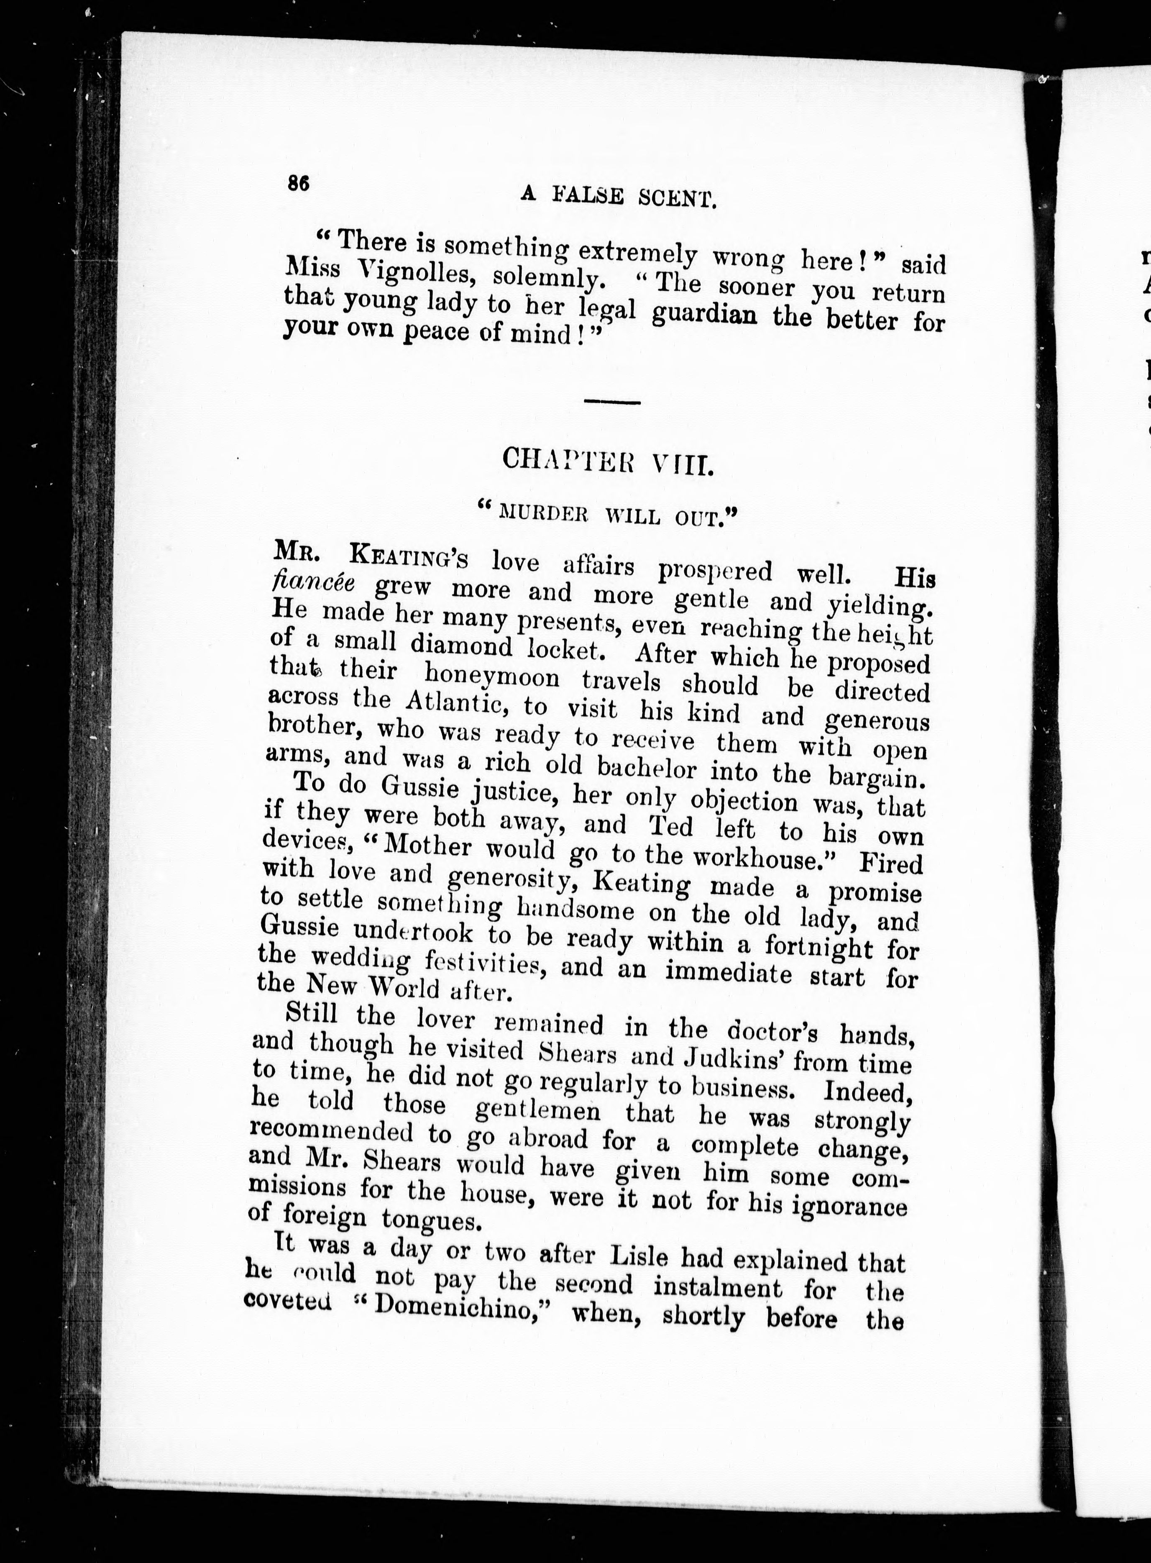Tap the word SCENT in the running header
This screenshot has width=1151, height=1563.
point(677,200)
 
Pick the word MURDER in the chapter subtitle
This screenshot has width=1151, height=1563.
point(541,514)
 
